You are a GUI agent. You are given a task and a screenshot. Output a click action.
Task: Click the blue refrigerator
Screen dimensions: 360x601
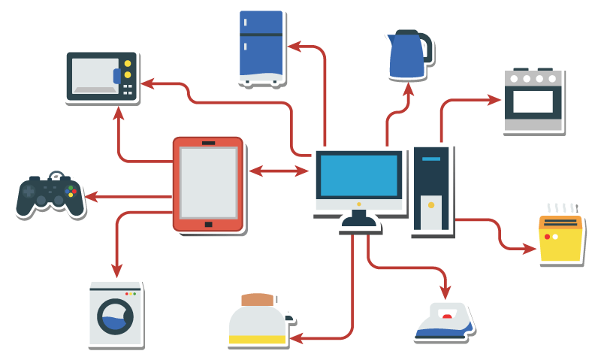coord(261,45)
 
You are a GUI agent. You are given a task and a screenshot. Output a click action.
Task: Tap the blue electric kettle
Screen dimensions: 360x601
coord(406,56)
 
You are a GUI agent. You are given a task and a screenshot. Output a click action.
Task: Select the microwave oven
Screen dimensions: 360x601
coord(101,76)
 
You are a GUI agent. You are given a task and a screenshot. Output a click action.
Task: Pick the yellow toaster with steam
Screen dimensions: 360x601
coord(561,238)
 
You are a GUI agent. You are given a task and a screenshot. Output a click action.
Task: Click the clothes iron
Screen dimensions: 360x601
coord(444,321)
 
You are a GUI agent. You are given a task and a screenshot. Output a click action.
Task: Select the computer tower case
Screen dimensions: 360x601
coord(432,191)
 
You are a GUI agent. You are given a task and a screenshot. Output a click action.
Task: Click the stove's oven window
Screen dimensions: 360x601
coord(533,102)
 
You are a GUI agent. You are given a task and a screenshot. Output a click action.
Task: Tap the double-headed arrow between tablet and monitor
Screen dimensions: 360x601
coord(279,171)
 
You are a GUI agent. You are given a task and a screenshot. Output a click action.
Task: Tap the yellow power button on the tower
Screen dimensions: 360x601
coord(430,204)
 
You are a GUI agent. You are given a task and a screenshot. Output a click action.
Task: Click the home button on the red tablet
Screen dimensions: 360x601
coord(208,224)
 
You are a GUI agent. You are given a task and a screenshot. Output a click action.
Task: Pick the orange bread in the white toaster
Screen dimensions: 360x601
coord(258,299)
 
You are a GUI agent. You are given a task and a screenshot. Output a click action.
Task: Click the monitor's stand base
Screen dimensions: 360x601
coord(360,224)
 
